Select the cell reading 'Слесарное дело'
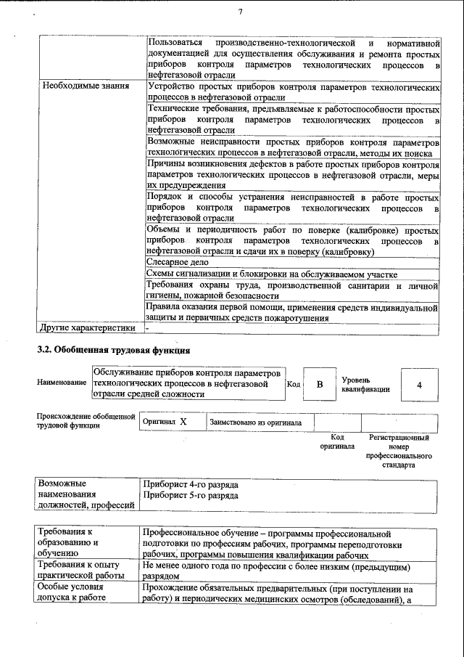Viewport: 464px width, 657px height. coord(178,262)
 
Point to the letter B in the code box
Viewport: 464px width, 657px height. coord(319,384)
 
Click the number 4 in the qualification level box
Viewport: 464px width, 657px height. coord(419,384)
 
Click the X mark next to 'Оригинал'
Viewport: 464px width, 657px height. coord(183,422)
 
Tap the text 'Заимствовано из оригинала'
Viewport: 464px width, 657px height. coord(256,422)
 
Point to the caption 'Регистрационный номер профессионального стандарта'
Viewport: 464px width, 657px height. coord(399,451)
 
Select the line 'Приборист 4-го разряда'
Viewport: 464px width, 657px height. coord(191,484)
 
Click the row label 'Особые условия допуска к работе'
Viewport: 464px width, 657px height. coord(72,592)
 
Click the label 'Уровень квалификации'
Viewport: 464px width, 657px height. coord(366,384)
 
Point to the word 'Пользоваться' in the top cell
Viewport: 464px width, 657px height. coord(173,43)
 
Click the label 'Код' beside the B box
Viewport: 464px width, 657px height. coord(294,384)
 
